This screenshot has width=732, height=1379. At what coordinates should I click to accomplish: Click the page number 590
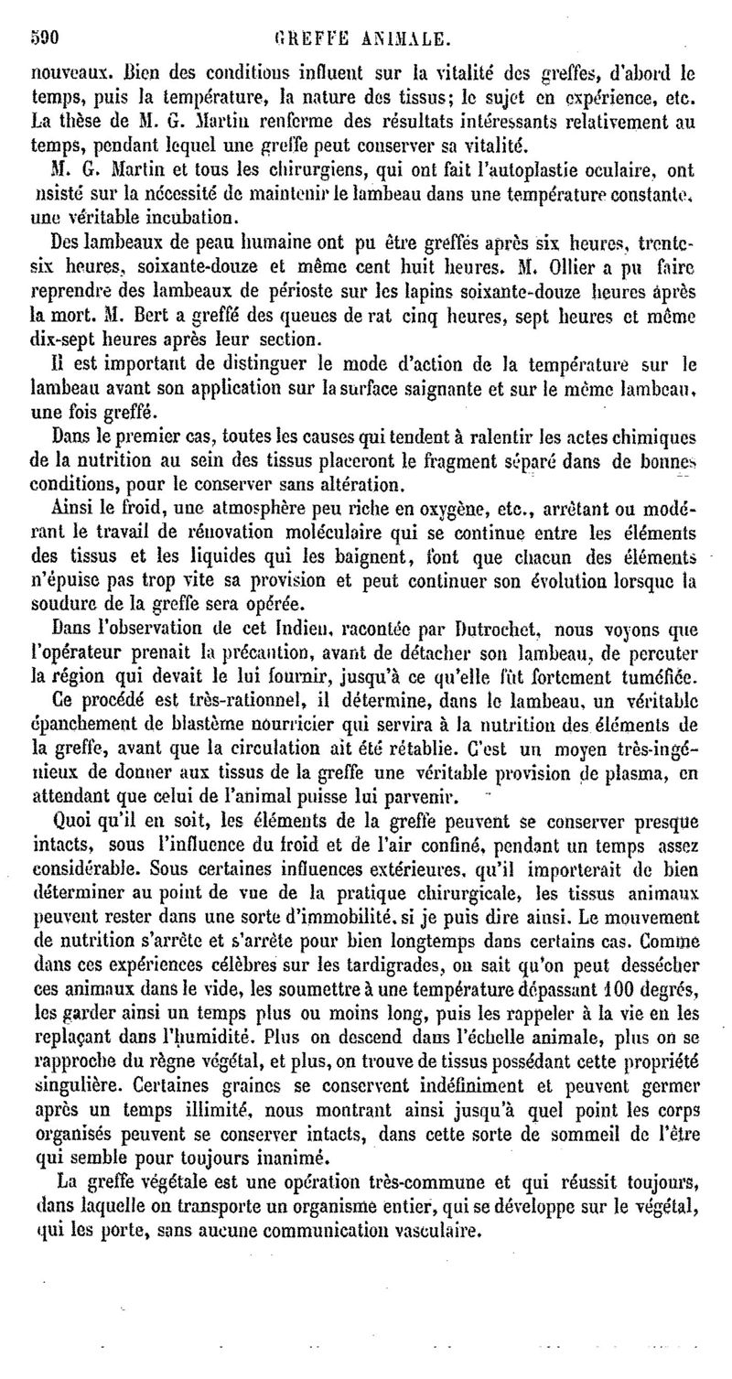(40, 38)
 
